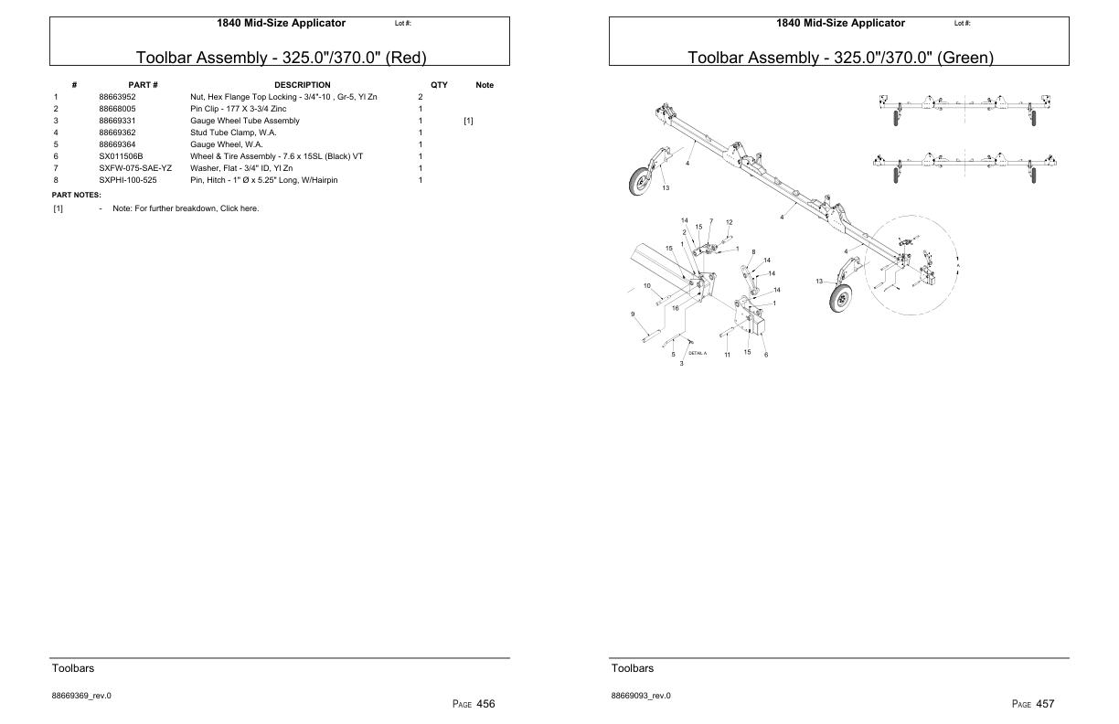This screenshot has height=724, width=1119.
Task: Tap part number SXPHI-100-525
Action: click(x=128, y=180)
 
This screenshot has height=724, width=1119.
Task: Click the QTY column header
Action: click(x=439, y=85)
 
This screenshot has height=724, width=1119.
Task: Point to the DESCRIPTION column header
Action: click(x=302, y=85)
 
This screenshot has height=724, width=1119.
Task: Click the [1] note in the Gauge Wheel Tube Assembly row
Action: click(x=468, y=121)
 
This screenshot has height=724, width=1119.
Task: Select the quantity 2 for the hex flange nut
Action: click(x=421, y=97)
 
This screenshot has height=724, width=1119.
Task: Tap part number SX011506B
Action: click(x=121, y=156)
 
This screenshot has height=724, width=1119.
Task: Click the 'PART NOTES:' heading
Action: click(x=76, y=195)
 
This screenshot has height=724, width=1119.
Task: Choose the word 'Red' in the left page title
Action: click(x=405, y=58)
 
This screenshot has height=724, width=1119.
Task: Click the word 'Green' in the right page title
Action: click(x=965, y=58)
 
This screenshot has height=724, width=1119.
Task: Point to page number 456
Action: click(x=485, y=704)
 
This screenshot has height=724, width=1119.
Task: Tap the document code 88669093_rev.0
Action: click(x=641, y=696)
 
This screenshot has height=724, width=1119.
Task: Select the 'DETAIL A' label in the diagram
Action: click(x=698, y=353)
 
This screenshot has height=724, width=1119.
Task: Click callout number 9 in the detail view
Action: click(x=633, y=314)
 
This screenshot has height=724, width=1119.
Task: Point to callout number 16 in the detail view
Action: click(x=676, y=308)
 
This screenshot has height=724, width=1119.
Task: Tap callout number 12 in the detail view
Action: click(x=729, y=222)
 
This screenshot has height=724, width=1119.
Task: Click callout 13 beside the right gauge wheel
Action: click(x=819, y=281)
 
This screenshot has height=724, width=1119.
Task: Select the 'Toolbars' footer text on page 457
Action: click(x=633, y=668)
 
